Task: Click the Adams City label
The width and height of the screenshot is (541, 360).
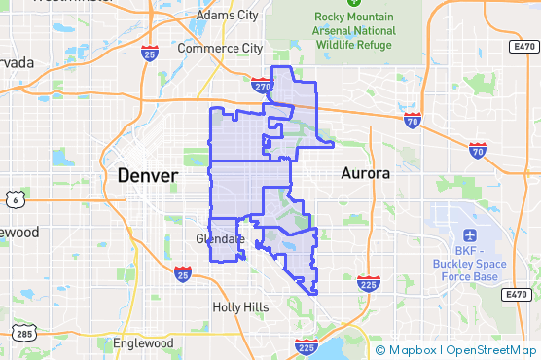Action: click(x=227, y=16)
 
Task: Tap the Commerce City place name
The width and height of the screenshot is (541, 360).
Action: click(x=222, y=48)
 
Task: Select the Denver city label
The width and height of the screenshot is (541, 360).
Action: click(x=148, y=176)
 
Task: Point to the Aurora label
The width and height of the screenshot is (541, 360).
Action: click(x=366, y=173)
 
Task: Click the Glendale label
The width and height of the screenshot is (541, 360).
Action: click(x=220, y=238)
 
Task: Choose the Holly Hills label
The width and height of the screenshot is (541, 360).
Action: click(x=240, y=306)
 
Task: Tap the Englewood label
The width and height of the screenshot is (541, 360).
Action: click(x=143, y=343)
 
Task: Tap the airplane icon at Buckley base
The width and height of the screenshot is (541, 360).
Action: click(x=471, y=236)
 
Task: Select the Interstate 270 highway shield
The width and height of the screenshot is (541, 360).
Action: click(x=261, y=87)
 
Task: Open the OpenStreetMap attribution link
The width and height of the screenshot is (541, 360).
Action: click(x=494, y=350)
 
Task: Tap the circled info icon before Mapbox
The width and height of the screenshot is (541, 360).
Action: click(x=379, y=350)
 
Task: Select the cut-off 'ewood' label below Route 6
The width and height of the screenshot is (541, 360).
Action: click(x=18, y=233)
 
